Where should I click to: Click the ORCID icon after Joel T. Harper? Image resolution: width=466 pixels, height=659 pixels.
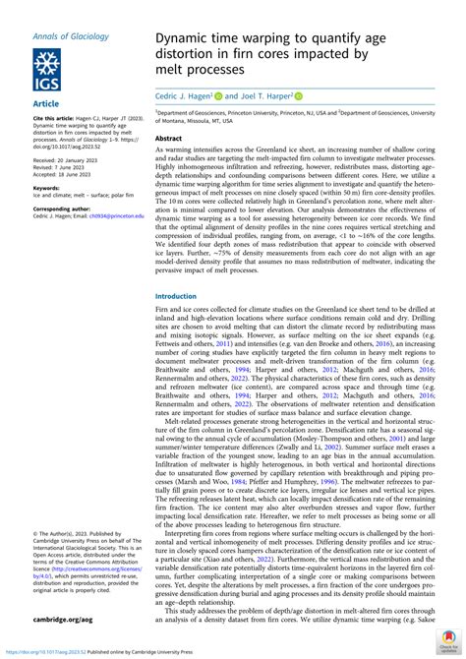point(299,96)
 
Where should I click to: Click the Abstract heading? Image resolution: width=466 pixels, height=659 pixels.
point(171,140)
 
